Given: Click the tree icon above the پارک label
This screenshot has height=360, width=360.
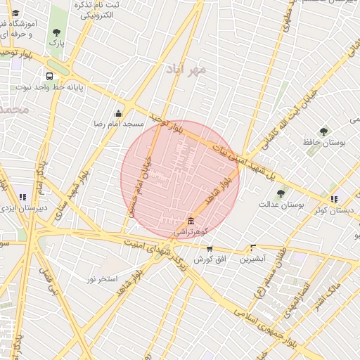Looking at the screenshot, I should pos(56,32).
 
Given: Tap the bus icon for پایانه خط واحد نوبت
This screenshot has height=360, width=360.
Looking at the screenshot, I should pos(49,77).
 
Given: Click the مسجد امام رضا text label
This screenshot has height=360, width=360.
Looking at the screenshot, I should pos(120,124).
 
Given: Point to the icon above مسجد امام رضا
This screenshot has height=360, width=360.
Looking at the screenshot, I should pos(119,113).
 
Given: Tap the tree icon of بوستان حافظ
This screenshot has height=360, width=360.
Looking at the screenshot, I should pos(323,131).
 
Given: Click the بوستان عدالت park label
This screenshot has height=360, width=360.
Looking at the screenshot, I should pos(281,205).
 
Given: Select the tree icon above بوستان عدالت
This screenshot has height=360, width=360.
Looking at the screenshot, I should pos(281,193).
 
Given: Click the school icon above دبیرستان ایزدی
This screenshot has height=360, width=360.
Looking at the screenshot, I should pos(23,198).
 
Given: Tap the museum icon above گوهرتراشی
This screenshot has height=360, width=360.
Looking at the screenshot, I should pos(191,221).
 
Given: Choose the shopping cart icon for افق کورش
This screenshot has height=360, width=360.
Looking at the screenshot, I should pos(210,248).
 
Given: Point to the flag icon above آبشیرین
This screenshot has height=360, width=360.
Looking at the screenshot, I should pos(252,247).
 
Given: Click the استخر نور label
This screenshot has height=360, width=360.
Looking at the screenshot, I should pos(102,279).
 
